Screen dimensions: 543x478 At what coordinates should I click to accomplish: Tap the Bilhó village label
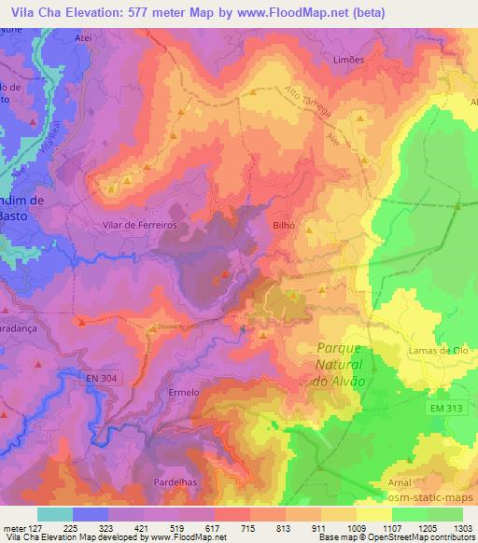[284, 225]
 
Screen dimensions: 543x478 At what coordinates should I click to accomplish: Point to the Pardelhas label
[172, 481]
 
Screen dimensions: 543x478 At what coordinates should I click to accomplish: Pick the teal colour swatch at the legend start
[54, 513]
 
